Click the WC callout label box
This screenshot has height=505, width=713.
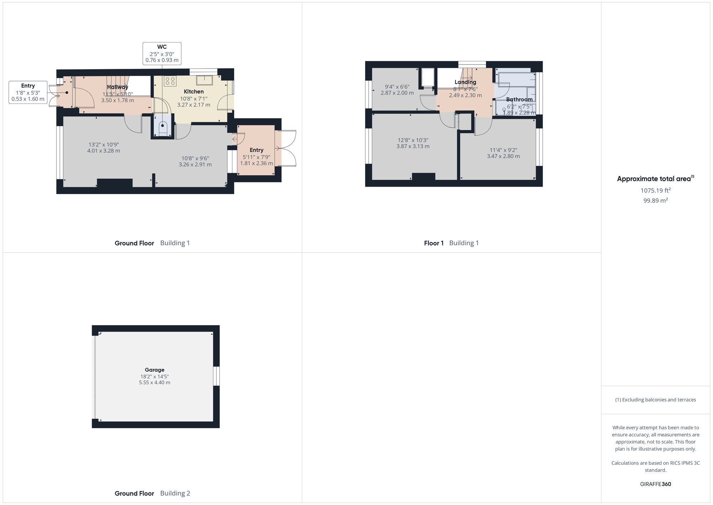point(162,54)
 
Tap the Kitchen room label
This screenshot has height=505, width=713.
point(194,92)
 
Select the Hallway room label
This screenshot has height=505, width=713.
point(118,87)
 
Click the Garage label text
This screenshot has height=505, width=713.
point(154,370)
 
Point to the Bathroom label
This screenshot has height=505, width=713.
point(519,100)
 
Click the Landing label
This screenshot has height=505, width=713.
point(465,82)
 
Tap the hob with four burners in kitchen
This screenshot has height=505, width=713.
point(170,81)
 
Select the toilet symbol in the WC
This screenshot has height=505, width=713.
point(163,127)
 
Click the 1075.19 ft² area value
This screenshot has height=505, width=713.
point(655,191)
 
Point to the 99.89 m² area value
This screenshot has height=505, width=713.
point(655,201)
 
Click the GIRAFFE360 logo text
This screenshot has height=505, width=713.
point(655,484)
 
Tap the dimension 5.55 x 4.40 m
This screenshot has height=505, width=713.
point(154,383)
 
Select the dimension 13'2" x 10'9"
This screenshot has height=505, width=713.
point(103,145)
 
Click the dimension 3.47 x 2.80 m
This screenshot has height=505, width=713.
point(503,156)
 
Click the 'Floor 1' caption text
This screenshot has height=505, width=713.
point(434,243)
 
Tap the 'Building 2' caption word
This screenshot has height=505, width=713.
point(175,494)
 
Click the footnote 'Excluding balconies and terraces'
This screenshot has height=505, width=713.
point(655,400)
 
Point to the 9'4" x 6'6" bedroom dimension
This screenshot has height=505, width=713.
point(397,87)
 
